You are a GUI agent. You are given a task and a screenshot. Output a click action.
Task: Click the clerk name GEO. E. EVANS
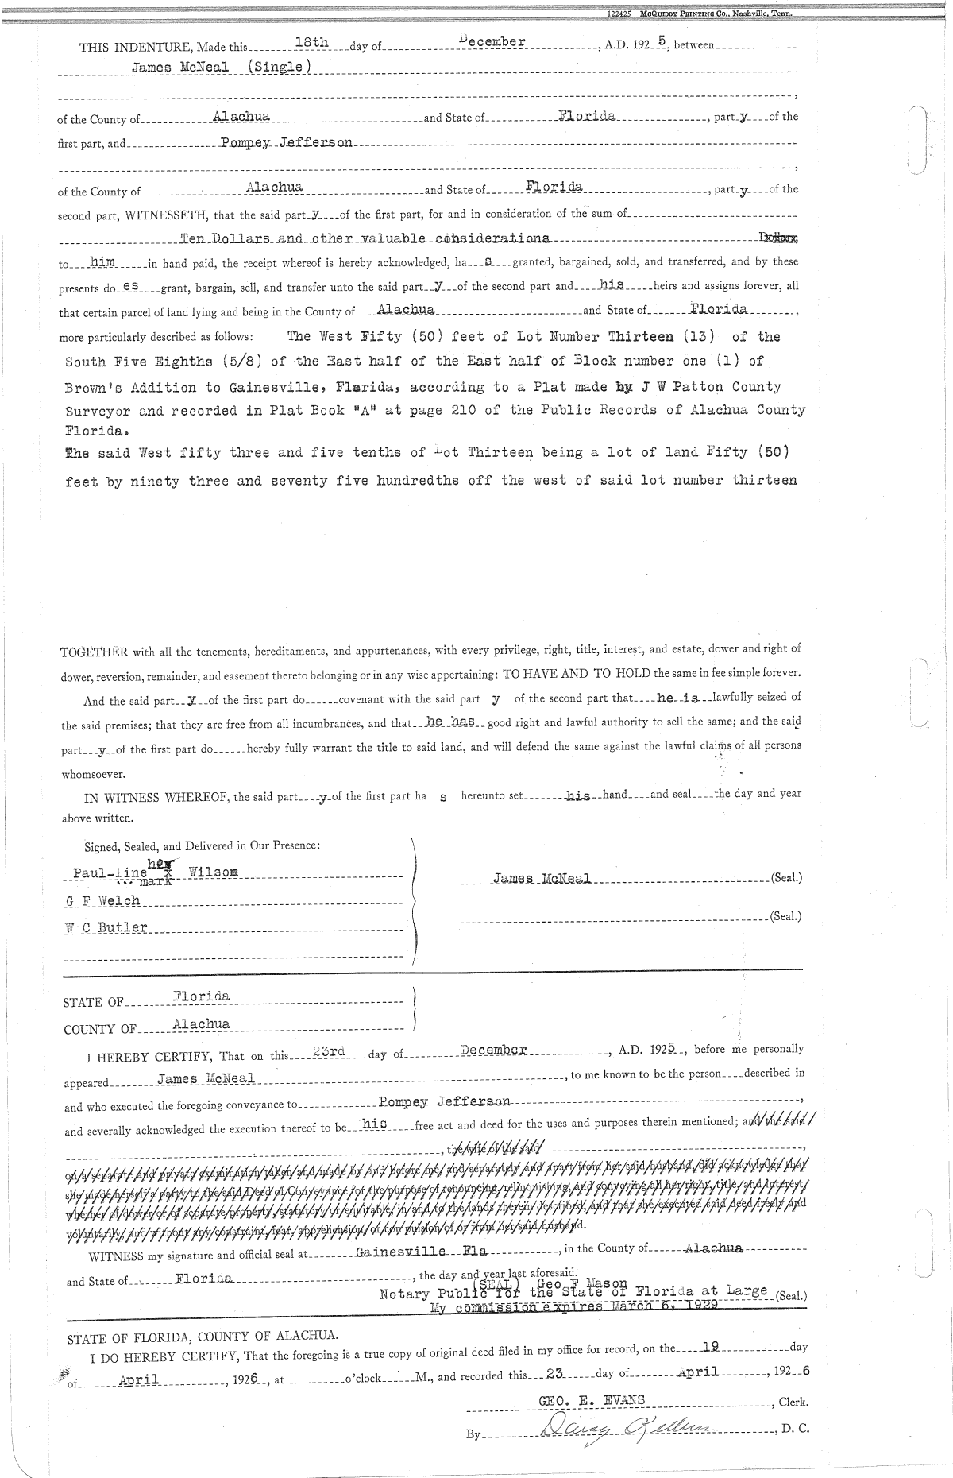pos(592,1400)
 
